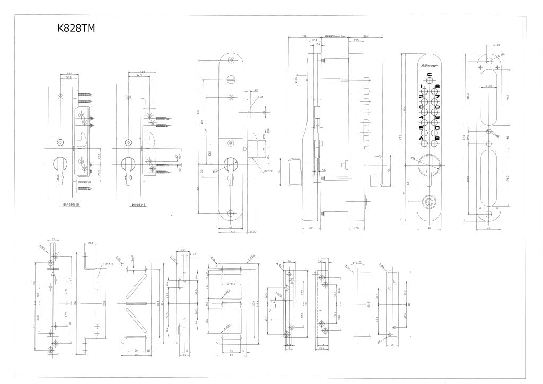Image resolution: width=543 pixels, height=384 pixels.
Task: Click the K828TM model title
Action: point(75,29)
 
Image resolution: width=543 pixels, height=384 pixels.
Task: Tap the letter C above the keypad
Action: point(430,75)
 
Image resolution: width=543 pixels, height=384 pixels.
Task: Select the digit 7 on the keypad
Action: point(437,96)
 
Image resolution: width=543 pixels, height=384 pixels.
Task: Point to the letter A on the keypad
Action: point(422,139)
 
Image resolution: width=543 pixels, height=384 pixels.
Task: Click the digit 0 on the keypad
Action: point(437,128)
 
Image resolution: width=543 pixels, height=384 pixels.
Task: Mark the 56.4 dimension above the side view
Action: point(365,37)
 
